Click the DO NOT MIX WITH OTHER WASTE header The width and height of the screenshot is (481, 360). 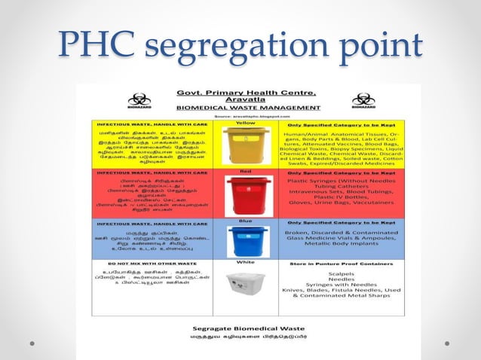[143, 262]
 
